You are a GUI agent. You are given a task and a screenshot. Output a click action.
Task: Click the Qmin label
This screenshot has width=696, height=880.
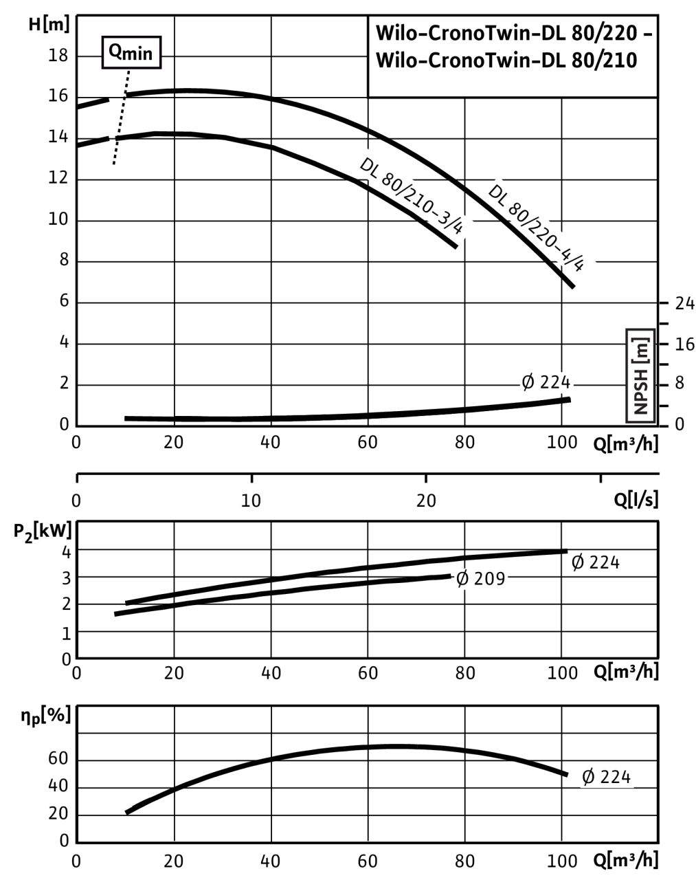click(x=131, y=53)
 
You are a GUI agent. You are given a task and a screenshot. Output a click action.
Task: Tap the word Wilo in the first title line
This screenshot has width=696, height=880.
click(x=396, y=34)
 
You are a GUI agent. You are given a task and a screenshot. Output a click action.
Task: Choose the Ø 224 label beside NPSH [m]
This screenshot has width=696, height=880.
click(x=546, y=382)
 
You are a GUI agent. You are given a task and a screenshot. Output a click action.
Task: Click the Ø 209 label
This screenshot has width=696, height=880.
click(x=481, y=579)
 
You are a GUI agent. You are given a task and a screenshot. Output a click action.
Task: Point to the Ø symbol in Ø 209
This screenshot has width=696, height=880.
click(x=462, y=579)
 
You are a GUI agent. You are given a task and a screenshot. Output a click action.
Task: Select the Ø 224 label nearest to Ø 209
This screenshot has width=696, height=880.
click(x=596, y=562)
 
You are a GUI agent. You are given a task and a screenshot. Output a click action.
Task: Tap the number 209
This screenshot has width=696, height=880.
click(x=489, y=579)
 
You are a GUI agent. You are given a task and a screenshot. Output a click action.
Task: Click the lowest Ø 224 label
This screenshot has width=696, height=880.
click(x=606, y=777)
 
